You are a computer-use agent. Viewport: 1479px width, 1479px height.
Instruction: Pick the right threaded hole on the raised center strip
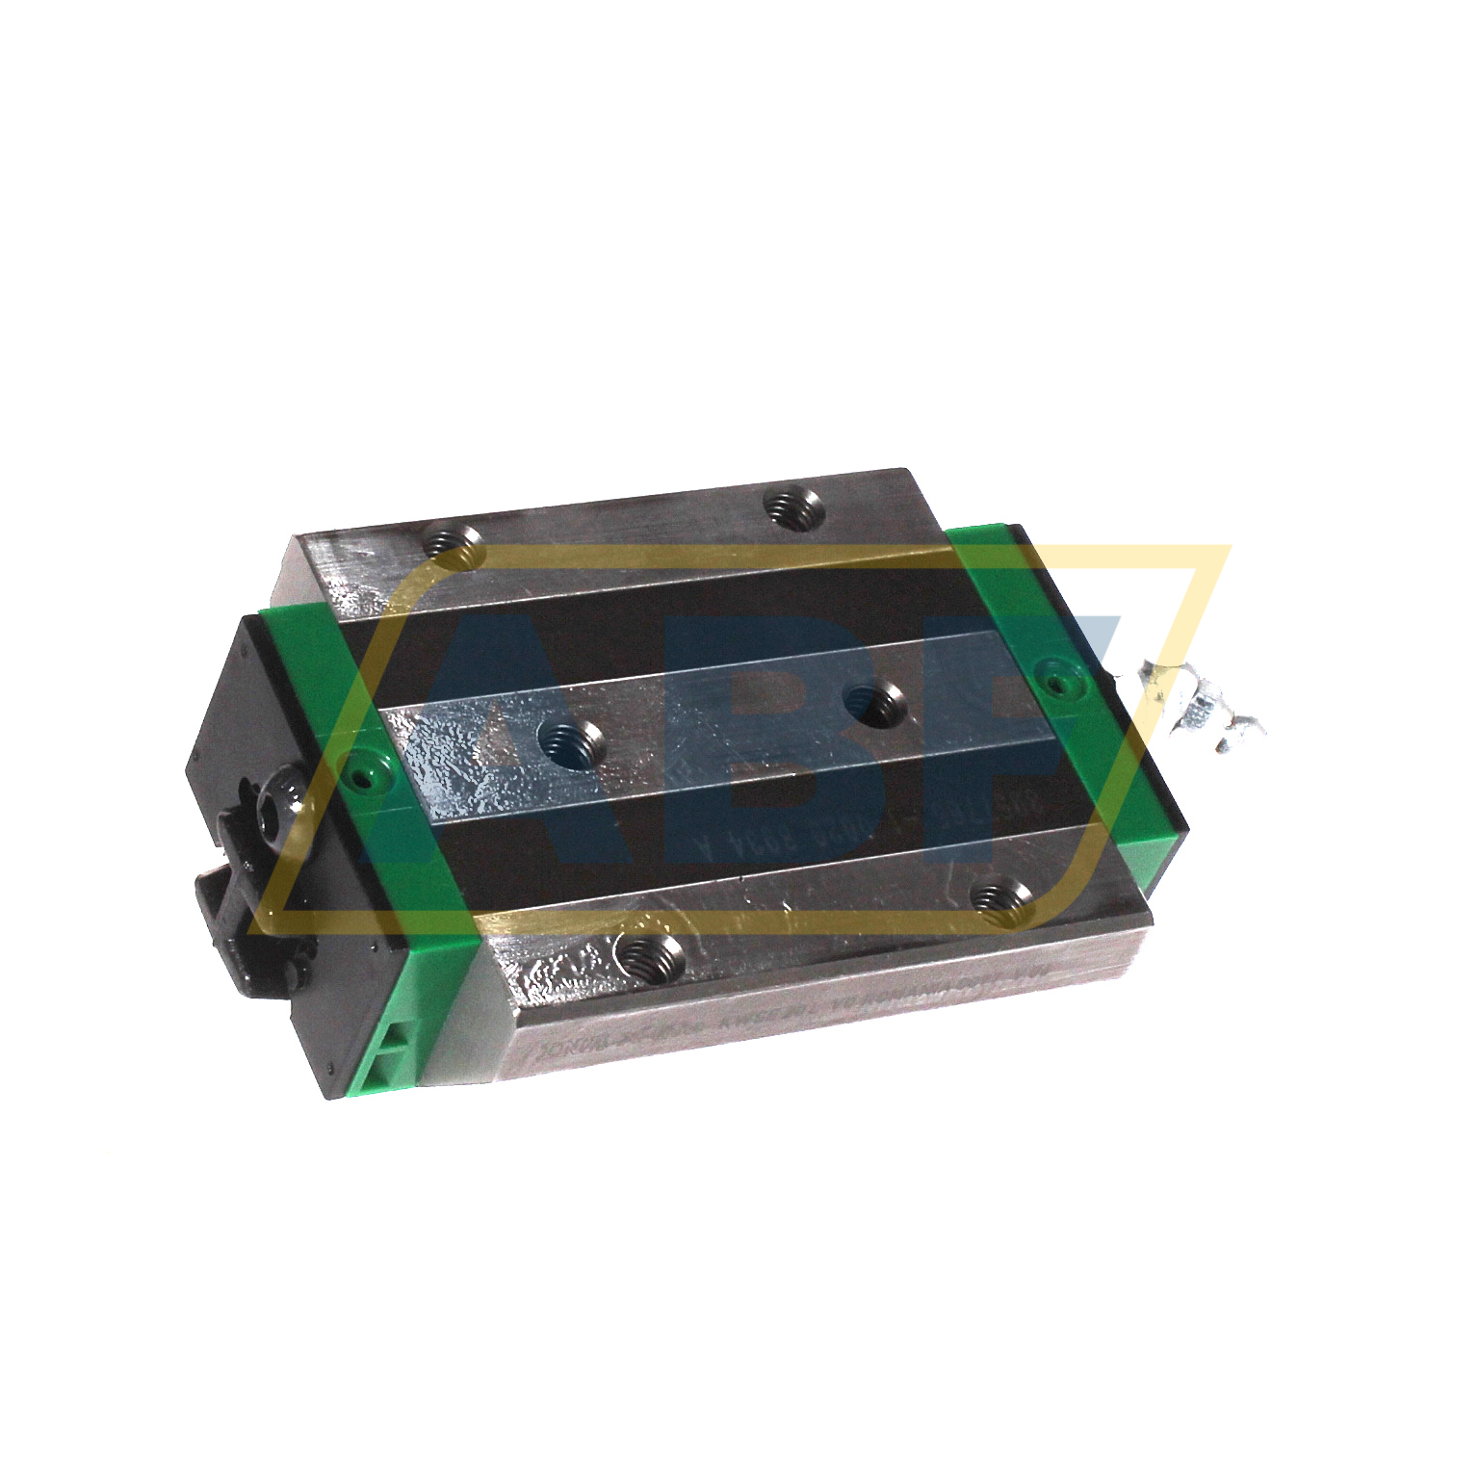[x=874, y=703]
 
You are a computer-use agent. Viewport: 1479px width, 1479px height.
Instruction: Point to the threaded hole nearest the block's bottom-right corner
[x=1001, y=899]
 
